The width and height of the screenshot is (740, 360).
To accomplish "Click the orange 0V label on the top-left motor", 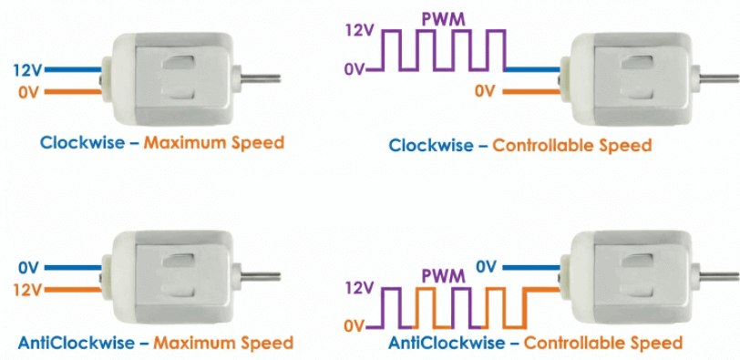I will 28,91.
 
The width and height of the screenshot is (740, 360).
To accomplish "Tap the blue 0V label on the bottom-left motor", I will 28,268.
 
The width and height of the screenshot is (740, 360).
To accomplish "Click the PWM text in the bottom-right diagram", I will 442,274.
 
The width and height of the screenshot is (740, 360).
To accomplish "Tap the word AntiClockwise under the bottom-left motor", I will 77,343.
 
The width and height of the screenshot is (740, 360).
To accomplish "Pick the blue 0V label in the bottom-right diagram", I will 486,266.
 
